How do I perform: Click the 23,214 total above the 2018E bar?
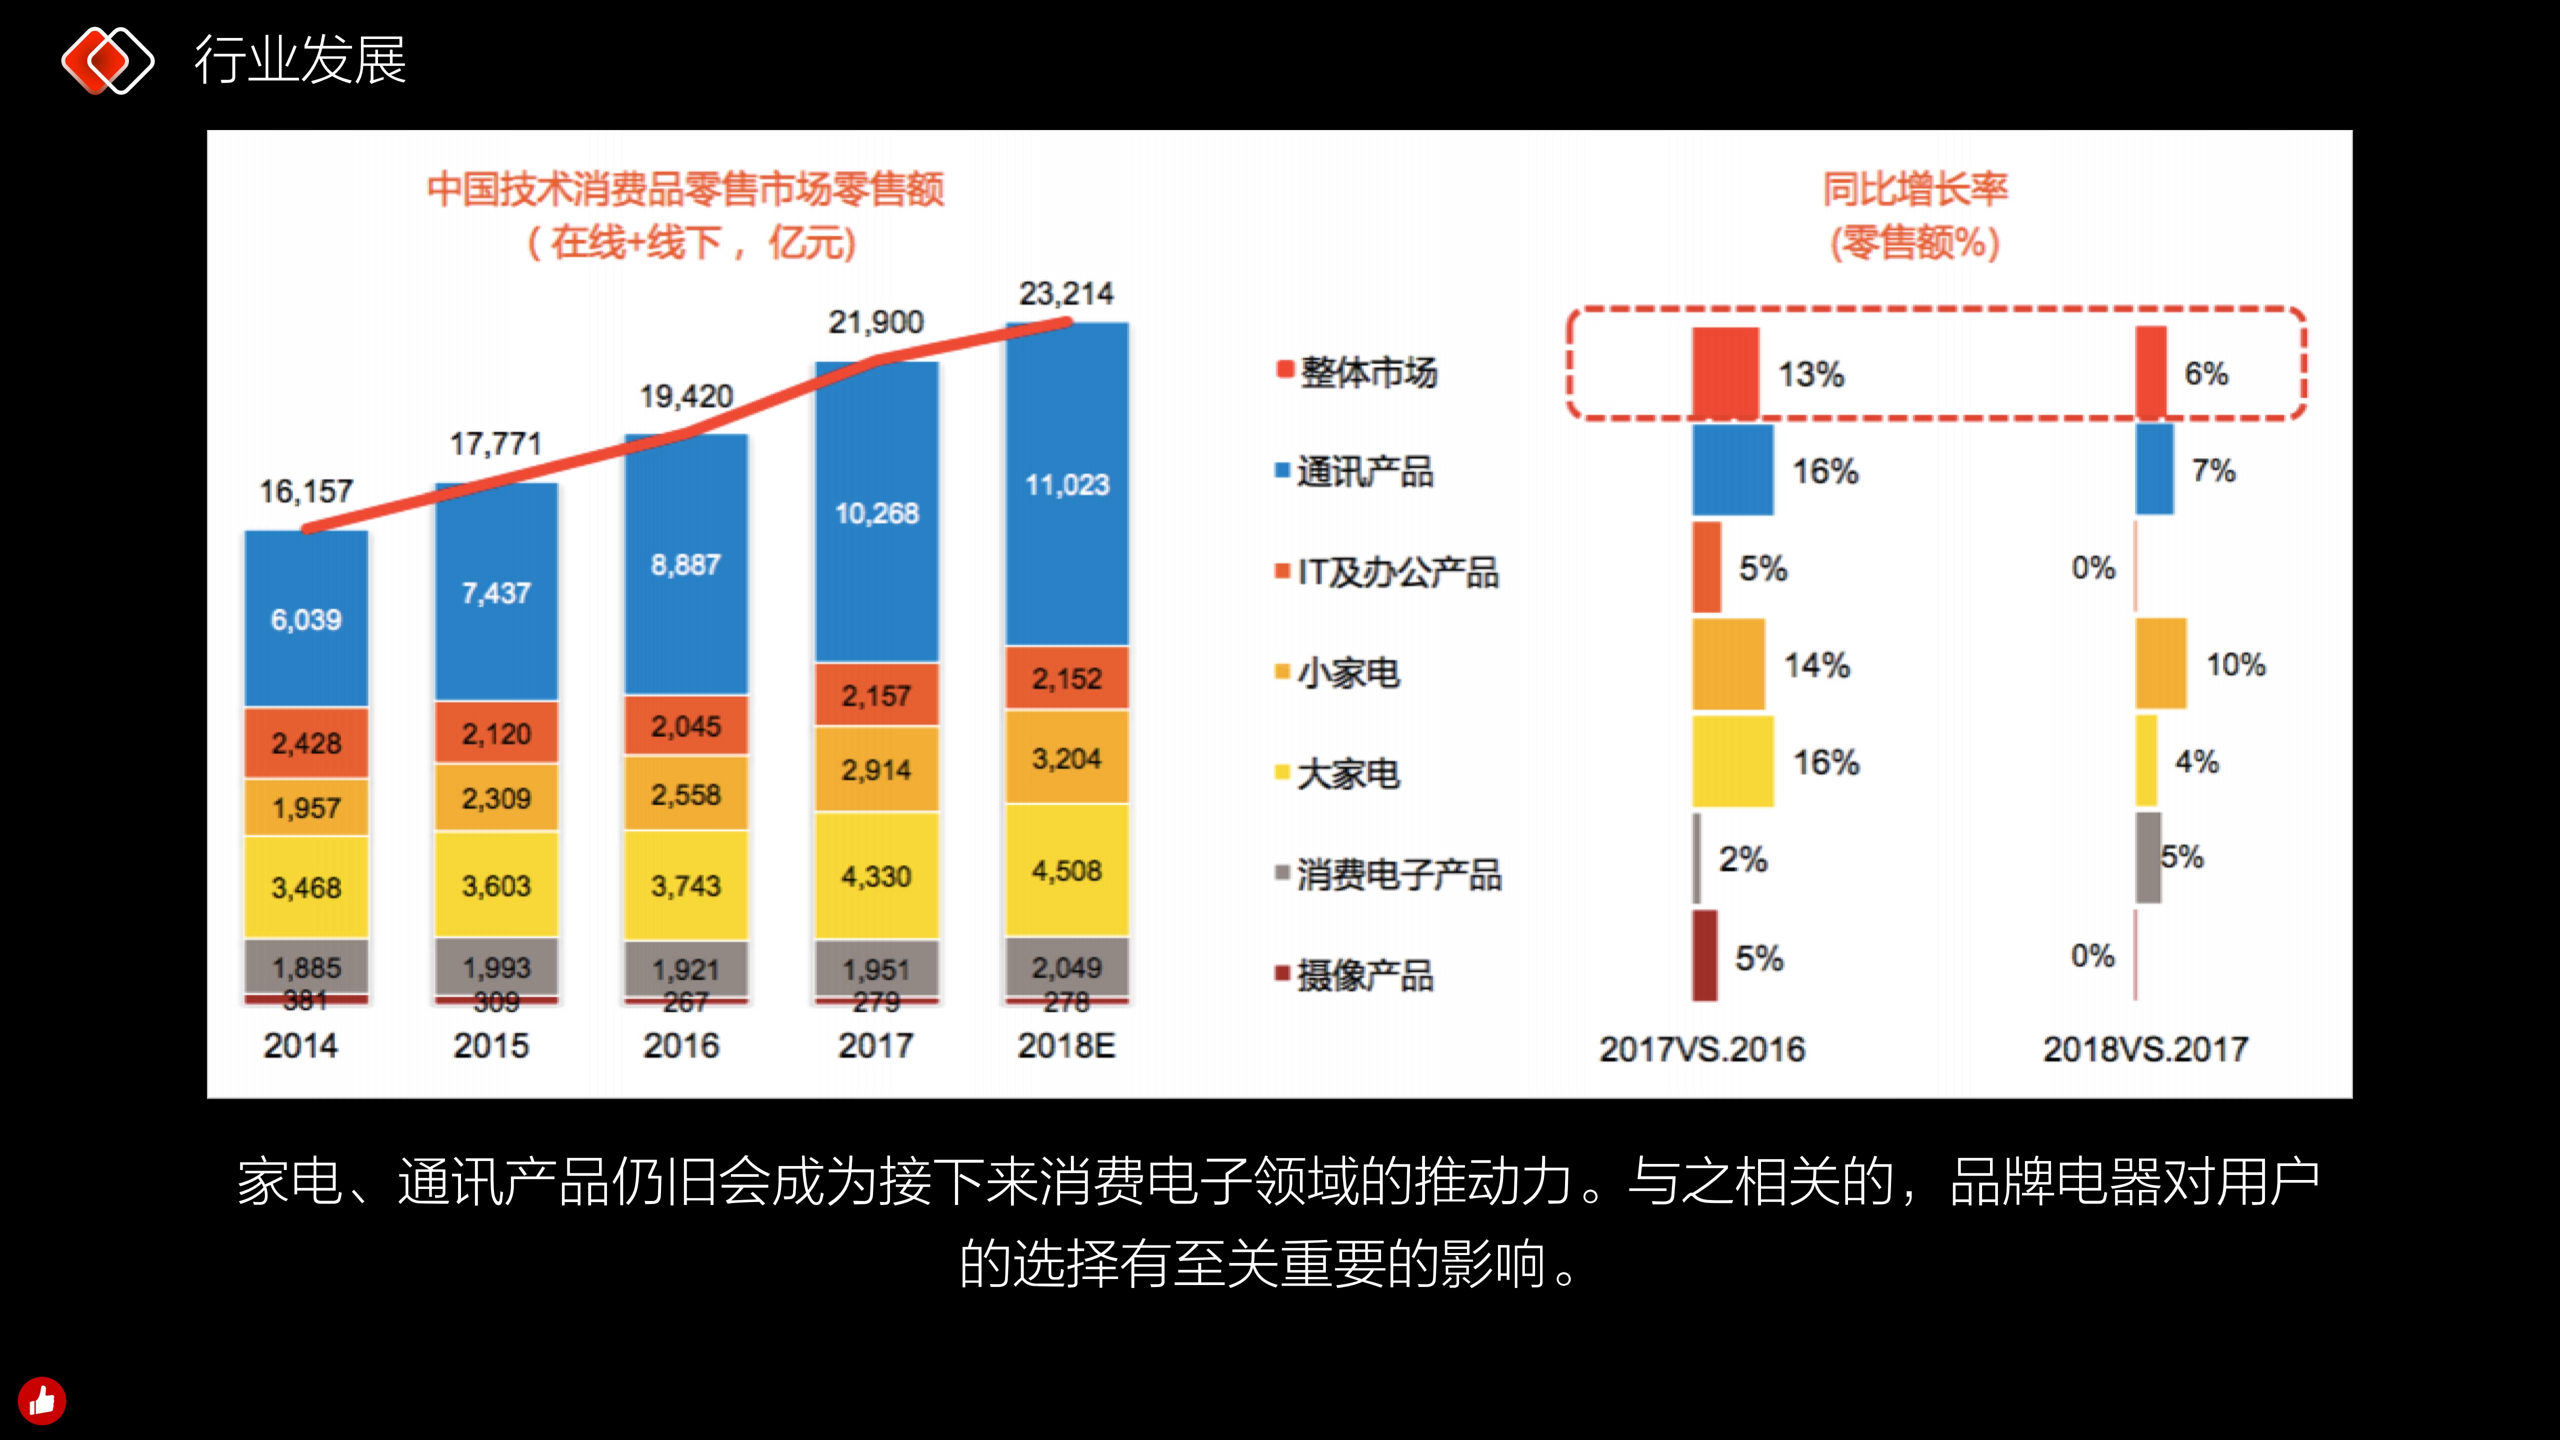tap(1066, 294)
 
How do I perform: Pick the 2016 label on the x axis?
tap(681, 1045)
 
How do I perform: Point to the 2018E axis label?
tap(1066, 1045)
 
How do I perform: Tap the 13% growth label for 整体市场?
tap(1810, 374)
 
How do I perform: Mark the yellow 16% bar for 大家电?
tap(1732, 761)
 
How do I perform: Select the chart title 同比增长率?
tap(1915, 189)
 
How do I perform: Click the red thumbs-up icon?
tap(41, 1400)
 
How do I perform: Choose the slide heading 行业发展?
tap(300, 60)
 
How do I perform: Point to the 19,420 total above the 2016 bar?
tap(685, 396)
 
